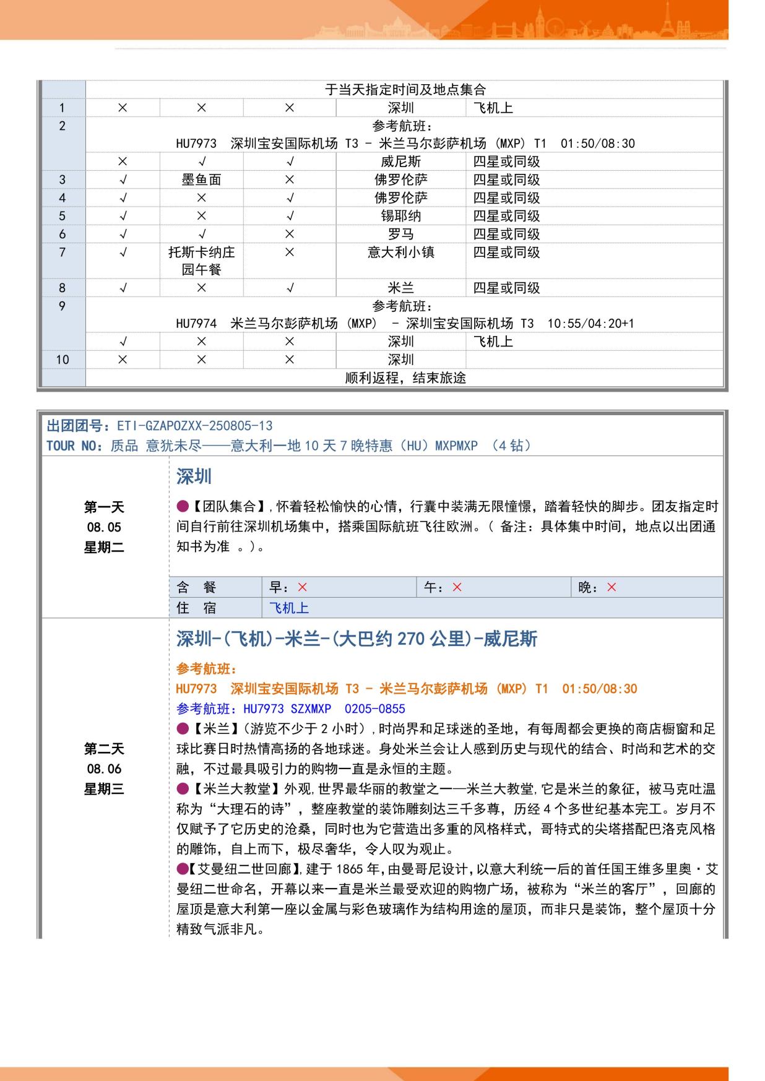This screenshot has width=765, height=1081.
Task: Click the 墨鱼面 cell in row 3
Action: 201,179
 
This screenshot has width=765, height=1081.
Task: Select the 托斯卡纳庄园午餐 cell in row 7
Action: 201,261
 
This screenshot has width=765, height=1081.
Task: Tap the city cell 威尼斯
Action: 400,162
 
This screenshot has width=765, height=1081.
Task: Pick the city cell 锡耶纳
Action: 400,216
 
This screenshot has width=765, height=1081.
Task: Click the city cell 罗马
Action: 400,234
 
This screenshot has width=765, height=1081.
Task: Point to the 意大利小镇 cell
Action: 400,252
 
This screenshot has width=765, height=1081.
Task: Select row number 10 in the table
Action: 63,360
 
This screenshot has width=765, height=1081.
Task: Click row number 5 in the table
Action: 62,216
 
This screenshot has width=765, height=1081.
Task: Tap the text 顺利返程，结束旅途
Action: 405,377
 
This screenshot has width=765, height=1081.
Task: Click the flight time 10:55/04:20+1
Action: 590,324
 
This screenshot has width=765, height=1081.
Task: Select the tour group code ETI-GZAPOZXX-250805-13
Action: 194,426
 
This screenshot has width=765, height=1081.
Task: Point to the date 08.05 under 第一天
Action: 104,527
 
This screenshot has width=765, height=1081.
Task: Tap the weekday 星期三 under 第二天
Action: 104,789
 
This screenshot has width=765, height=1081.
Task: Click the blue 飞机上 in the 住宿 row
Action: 288,608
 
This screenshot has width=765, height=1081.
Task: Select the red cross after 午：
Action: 457,587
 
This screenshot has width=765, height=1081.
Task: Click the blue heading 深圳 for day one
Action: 194,476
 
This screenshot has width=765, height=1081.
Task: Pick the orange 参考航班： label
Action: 207,669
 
